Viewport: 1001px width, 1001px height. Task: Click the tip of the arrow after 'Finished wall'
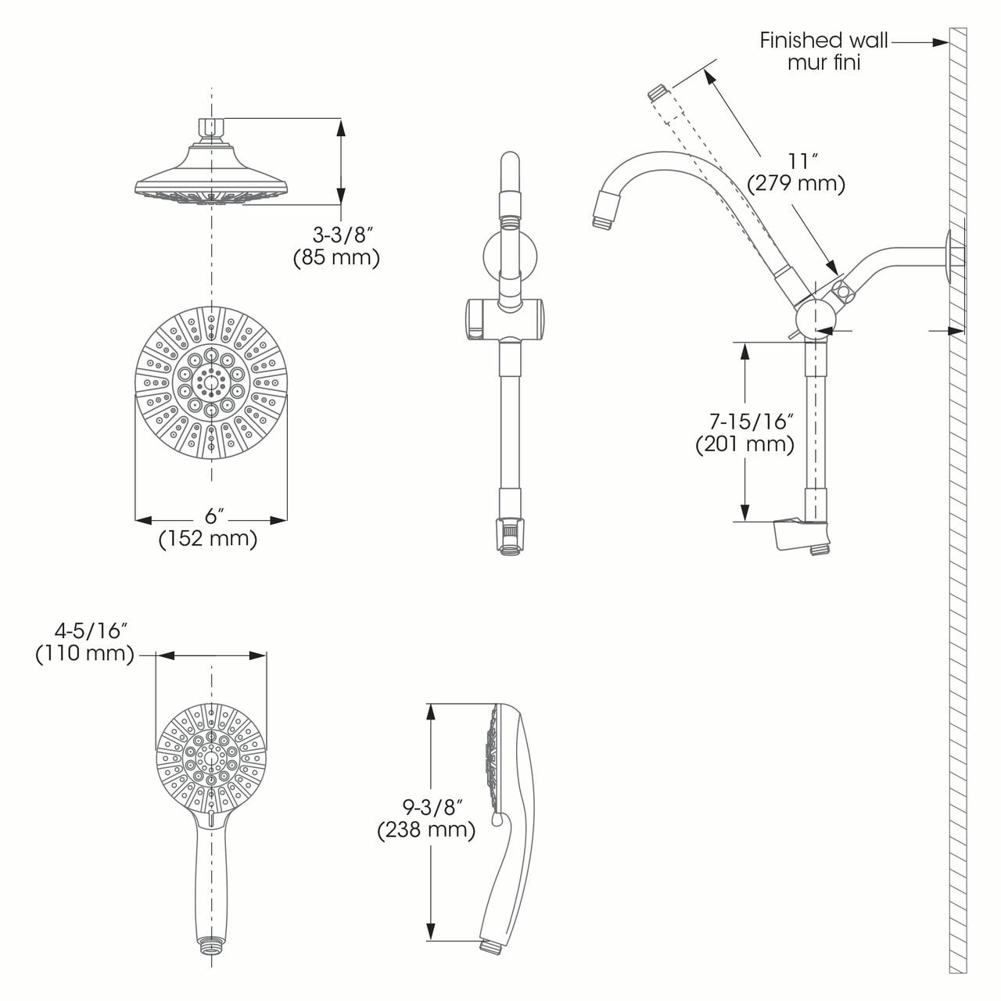[949, 42]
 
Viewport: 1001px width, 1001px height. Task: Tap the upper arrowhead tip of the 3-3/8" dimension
[341, 119]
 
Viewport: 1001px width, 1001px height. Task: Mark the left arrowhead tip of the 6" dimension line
[135, 519]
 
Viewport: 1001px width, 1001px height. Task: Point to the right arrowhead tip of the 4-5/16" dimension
[267, 655]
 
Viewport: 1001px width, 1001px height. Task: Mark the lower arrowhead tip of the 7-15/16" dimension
[745, 521]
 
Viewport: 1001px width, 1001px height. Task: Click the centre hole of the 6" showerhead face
[211, 383]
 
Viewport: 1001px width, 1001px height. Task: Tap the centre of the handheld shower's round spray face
[211, 759]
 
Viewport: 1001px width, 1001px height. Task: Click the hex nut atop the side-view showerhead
[211, 126]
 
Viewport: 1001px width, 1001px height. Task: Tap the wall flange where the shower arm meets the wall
[949, 257]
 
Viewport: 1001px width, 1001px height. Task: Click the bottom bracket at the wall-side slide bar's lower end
[802, 535]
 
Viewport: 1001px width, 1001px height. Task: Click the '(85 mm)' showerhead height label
[336, 257]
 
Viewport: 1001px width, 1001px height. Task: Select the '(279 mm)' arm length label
[796, 184]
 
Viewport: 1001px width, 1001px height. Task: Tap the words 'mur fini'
[823, 63]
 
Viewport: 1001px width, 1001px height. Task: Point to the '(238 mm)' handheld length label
[426, 831]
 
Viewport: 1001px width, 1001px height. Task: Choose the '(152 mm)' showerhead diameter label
[208, 539]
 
